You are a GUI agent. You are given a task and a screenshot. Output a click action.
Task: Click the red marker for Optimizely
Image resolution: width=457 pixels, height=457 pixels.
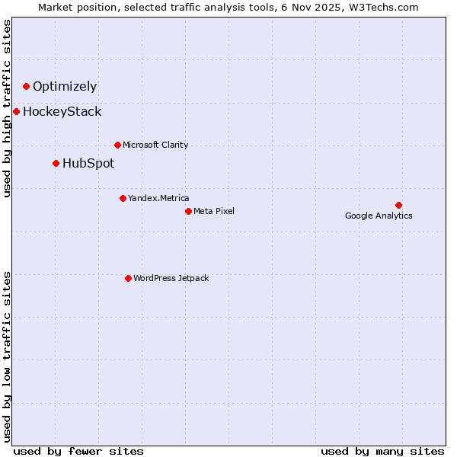(26, 86)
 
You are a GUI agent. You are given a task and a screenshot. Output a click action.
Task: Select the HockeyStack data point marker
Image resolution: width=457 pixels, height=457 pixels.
(16, 111)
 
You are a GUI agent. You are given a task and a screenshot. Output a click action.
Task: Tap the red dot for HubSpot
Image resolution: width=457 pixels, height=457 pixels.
(56, 163)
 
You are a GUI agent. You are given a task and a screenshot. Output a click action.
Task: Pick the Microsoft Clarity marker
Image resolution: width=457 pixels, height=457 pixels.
(117, 145)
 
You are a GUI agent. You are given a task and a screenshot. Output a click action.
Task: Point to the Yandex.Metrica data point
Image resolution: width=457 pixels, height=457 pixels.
(123, 198)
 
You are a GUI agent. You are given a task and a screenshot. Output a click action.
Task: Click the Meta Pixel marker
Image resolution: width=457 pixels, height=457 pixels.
(188, 211)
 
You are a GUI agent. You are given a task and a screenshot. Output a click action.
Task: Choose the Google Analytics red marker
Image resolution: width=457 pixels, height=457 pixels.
(398, 205)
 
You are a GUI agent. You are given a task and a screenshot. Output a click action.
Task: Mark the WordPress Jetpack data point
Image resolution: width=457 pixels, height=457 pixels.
(128, 278)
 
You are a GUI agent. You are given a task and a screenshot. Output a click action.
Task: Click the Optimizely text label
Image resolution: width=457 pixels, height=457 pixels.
(65, 86)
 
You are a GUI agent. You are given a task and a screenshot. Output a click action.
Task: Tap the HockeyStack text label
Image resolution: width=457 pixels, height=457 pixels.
(62, 111)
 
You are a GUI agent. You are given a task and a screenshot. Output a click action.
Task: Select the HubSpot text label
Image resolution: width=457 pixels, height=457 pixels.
(88, 163)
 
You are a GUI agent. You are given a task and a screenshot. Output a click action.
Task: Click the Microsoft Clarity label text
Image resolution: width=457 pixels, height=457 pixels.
(155, 145)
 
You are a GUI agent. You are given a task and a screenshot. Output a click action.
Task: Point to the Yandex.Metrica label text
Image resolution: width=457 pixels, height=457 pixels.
(158, 198)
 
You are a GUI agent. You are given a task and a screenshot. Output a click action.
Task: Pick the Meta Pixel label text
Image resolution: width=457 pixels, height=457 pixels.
(214, 211)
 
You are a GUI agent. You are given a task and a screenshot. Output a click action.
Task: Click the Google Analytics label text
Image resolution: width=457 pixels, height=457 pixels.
(379, 216)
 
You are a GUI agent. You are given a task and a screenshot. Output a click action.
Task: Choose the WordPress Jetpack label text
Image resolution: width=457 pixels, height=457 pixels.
(171, 278)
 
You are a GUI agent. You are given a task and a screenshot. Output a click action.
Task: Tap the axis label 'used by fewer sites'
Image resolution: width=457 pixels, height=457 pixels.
(78, 451)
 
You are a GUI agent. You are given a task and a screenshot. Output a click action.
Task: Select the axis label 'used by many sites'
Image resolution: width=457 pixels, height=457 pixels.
(382, 451)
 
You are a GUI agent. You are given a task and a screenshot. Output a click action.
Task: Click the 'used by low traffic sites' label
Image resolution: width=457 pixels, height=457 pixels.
(8, 356)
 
